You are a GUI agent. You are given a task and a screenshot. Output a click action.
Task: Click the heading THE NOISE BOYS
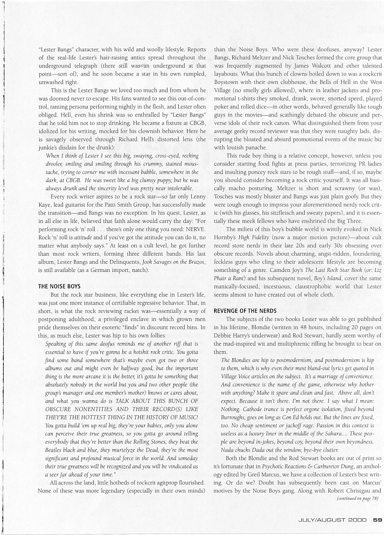pyautogui.click(x=59, y=286)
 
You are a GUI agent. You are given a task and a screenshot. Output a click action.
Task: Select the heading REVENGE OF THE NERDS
pyautogui.click(x=245, y=310)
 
